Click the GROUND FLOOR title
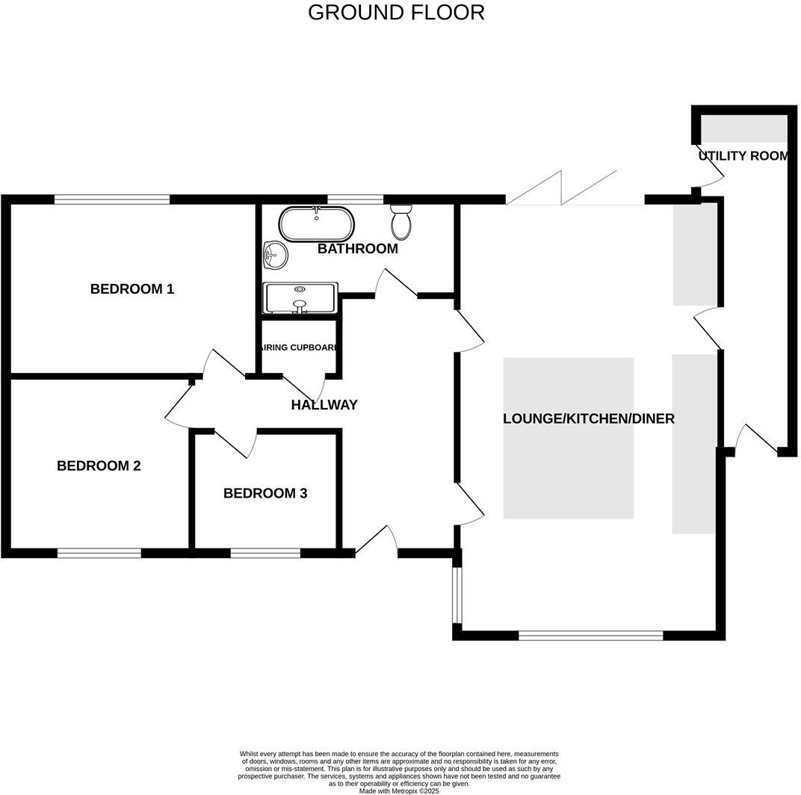click(396, 13)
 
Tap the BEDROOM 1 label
click(132, 289)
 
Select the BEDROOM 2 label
click(99, 466)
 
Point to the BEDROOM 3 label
click(265, 494)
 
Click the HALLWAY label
click(324, 405)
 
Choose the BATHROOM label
click(357, 249)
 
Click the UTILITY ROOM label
click(743, 156)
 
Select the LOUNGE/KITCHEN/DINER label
click(588, 418)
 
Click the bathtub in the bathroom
click(317, 223)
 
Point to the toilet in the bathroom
click(401, 220)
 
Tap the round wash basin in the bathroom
click(275, 256)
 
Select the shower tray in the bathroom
click(300, 297)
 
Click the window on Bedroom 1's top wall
click(112, 199)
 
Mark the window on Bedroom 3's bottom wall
click(265, 554)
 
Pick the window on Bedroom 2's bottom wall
click(99, 554)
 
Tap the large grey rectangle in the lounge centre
click(568, 438)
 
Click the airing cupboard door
click(306, 389)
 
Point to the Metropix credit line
click(399, 791)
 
